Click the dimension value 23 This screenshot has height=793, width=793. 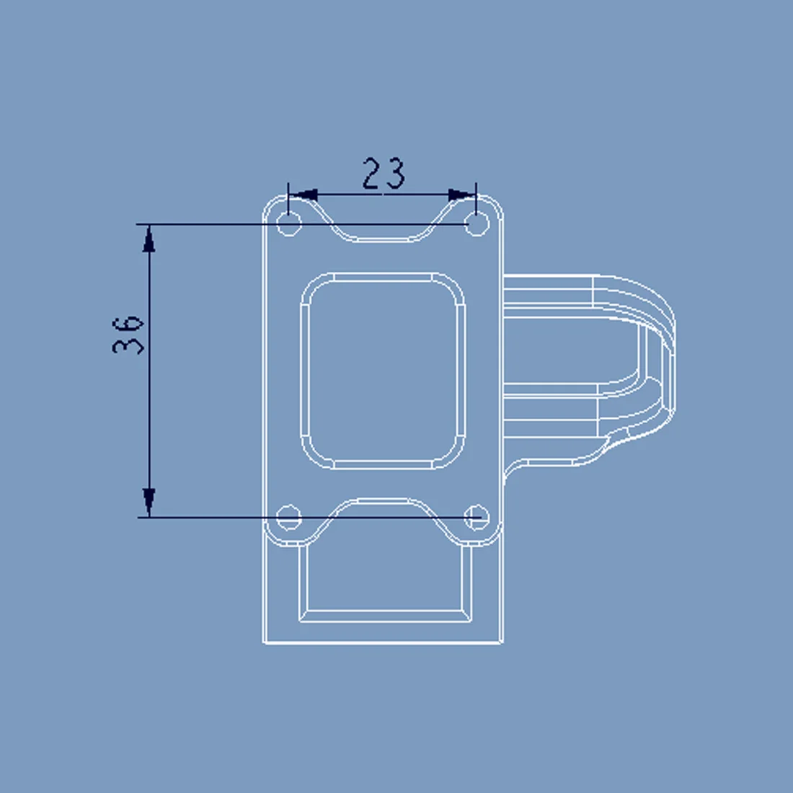pyautogui.click(x=384, y=174)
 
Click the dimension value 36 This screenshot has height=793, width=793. pyautogui.click(x=128, y=335)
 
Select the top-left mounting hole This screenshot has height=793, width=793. pyautogui.click(x=289, y=223)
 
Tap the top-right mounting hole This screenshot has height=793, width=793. pyautogui.click(x=477, y=223)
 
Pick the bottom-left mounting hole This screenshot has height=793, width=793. pyautogui.click(x=289, y=518)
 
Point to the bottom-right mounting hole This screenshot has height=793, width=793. pyautogui.click(x=477, y=518)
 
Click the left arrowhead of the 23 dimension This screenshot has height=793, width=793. pyautogui.click(x=303, y=195)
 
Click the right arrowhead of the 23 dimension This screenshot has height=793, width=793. pyautogui.click(x=462, y=195)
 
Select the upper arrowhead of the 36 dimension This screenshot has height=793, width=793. pyautogui.click(x=149, y=238)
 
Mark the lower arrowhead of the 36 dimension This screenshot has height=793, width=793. pyautogui.click(x=149, y=502)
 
